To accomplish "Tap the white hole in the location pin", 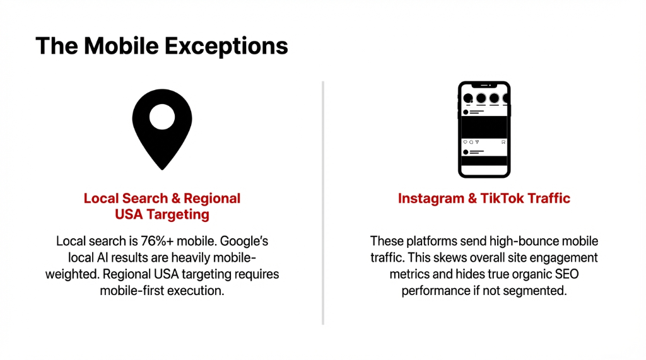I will pyautogui.click(x=162, y=115).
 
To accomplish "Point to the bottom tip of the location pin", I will pyautogui.click(x=162, y=168).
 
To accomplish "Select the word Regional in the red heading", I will pyautogui.click(x=213, y=199).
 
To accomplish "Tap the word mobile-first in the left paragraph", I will pyautogui.click(x=133, y=291).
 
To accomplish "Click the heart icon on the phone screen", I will pyautogui.click(x=466, y=142).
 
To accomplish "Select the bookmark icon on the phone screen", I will pyautogui.click(x=503, y=142).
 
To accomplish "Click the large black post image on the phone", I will pyautogui.click(x=484, y=126).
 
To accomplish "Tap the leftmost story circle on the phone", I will pyautogui.click(x=468, y=98).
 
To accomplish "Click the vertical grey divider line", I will pyautogui.click(x=323, y=202).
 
